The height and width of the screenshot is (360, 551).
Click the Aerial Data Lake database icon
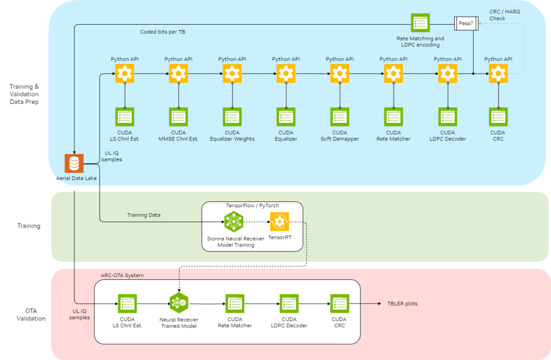pyautogui.click(x=74, y=163)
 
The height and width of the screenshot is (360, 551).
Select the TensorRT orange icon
pyautogui.click(x=279, y=221)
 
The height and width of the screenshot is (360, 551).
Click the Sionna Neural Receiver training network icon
pyautogui.click(x=234, y=221)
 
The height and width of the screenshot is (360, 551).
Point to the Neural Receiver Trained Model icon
pyautogui.click(x=178, y=303)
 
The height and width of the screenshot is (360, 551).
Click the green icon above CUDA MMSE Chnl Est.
pyautogui.click(x=178, y=117)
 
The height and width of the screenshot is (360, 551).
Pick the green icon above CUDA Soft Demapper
pyautogui.click(x=340, y=117)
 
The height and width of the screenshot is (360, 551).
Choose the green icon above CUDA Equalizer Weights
pyautogui.click(x=232, y=117)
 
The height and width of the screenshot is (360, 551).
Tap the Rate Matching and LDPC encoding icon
pyautogui.click(x=420, y=23)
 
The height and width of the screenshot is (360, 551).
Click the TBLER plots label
pyautogui.click(x=402, y=303)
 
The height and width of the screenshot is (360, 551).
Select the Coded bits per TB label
pyautogui.click(x=161, y=31)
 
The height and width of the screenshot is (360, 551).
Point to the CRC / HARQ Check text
pyautogui.click(x=505, y=15)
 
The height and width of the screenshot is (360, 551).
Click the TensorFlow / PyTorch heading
pyautogui.click(x=252, y=206)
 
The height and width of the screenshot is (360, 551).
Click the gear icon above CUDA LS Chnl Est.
pyautogui.click(x=124, y=73)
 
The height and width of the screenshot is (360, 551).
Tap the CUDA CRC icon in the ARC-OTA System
pyautogui.click(x=340, y=303)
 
